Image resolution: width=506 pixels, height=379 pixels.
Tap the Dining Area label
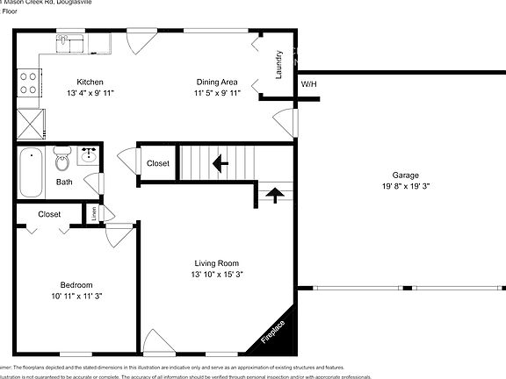(x=216, y=82)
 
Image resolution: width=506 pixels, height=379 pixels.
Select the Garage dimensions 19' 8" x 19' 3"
(x=404, y=186)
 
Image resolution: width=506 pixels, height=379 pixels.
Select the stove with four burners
(x=28, y=82)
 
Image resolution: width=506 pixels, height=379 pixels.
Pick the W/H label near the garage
(x=308, y=84)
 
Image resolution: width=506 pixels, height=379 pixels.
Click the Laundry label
(x=278, y=65)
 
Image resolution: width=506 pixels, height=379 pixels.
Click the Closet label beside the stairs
(x=158, y=163)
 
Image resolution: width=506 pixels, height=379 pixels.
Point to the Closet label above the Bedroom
(x=49, y=213)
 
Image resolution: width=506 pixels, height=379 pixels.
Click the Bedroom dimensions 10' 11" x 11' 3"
(x=76, y=297)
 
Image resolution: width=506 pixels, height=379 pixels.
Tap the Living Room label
(x=216, y=263)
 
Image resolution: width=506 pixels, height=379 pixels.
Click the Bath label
(x=64, y=182)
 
